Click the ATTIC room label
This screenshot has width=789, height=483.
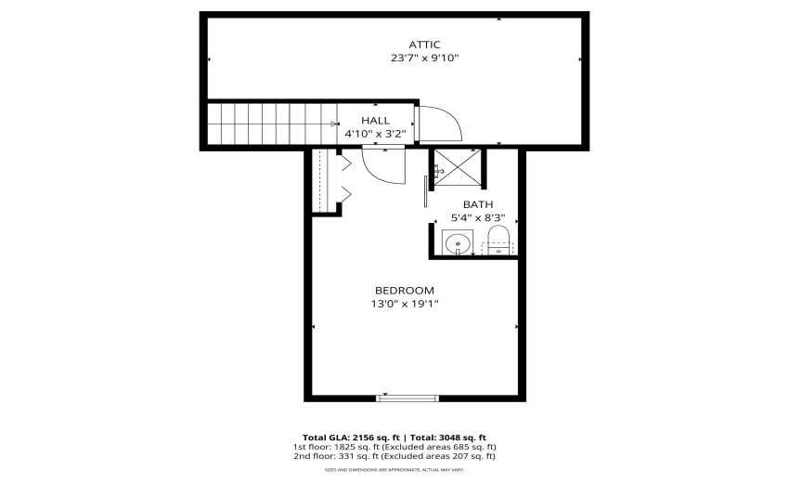point(424,44)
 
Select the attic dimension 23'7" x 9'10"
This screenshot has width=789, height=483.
point(424,58)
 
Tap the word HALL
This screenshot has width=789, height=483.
point(375,121)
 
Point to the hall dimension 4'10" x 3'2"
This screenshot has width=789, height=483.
point(375,134)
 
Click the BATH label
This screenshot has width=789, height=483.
point(478,204)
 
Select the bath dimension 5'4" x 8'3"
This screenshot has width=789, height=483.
point(478,217)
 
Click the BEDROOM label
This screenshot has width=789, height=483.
point(404,290)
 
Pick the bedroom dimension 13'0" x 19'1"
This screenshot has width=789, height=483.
point(404,304)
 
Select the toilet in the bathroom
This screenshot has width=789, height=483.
point(498,239)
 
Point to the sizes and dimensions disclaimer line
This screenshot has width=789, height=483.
point(394,471)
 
